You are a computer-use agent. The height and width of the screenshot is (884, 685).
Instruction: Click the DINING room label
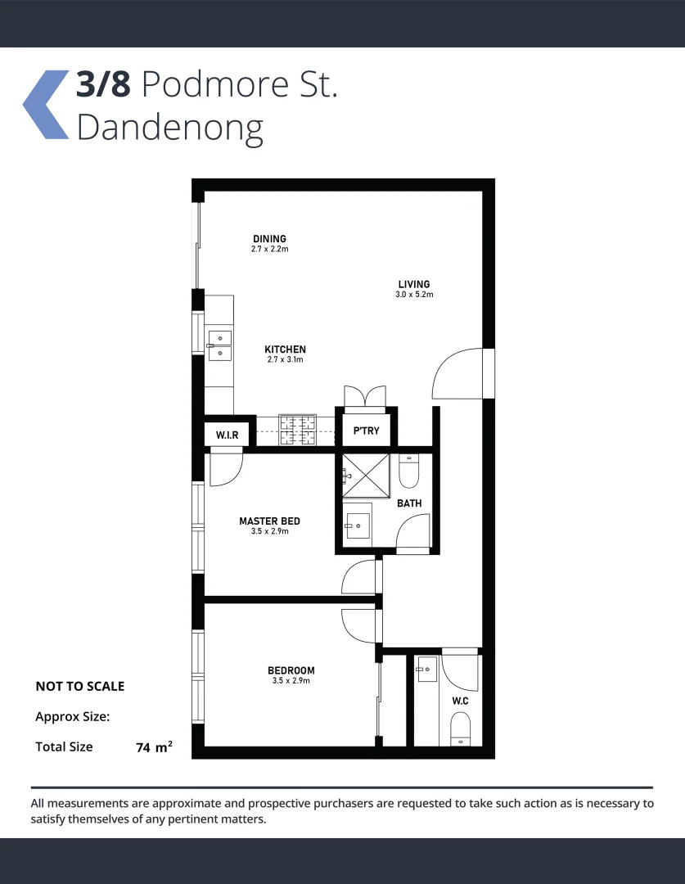coord(269,239)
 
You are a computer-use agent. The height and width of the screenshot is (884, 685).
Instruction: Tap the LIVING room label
coord(413,285)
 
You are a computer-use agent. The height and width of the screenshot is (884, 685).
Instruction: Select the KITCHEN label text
coord(285,350)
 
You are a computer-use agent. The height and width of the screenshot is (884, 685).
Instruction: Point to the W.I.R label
coord(227,435)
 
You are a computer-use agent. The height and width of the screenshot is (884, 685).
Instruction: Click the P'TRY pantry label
coord(366,431)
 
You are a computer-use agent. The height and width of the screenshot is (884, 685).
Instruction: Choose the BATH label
coord(409,503)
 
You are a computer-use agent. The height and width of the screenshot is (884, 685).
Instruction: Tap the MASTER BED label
coord(269,521)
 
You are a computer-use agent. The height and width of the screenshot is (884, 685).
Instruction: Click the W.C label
coord(460,701)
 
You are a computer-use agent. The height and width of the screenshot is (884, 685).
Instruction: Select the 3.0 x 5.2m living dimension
coord(413,295)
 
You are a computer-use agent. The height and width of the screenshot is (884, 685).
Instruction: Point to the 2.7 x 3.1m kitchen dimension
coord(285,359)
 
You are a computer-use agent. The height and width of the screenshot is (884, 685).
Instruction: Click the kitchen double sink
coord(219,346)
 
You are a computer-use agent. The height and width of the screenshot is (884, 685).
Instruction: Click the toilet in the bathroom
coord(408,471)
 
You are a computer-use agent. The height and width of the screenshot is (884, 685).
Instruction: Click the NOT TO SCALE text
coord(80,687)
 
